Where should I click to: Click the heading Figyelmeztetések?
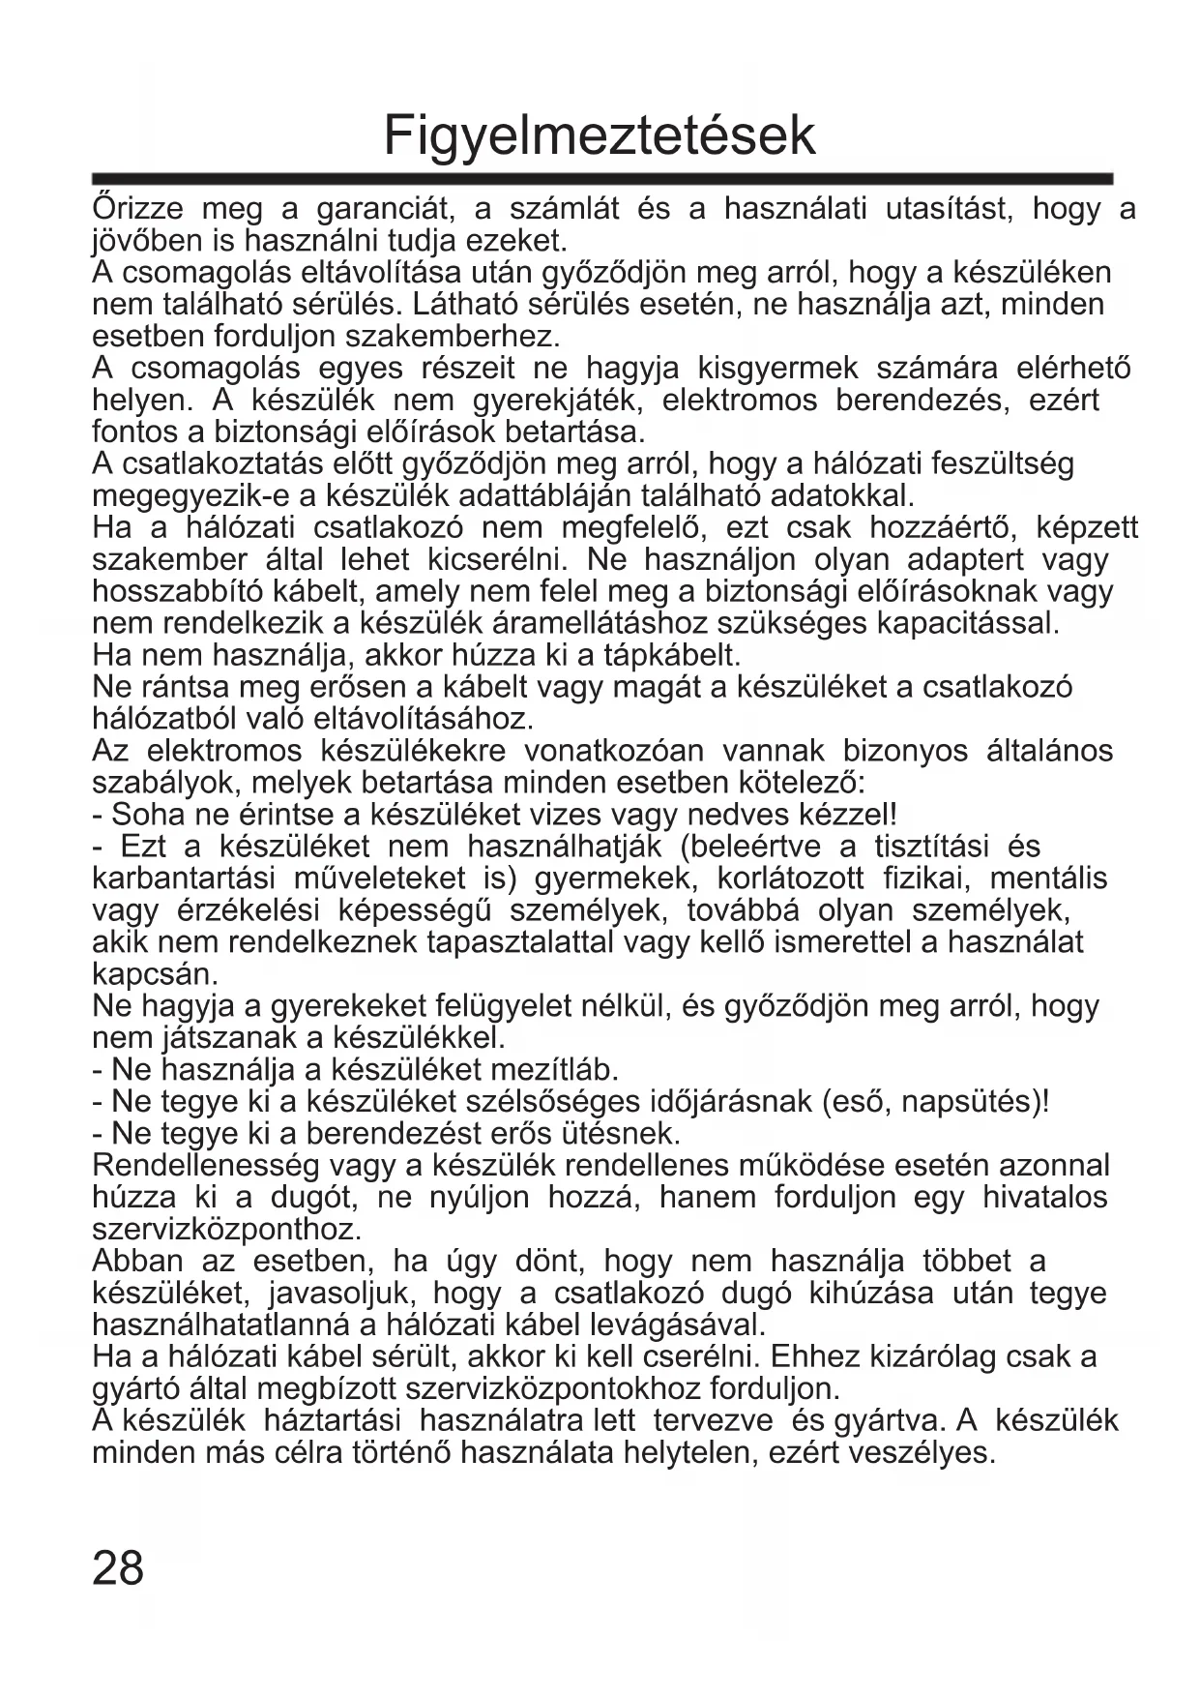pyautogui.click(x=600, y=135)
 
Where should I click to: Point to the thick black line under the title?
pyautogui.click(x=602, y=179)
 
